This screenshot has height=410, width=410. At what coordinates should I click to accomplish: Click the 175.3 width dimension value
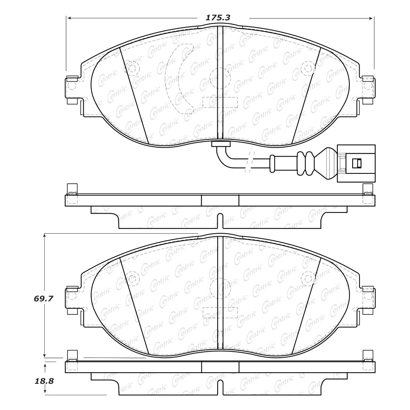click(x=218, y=18)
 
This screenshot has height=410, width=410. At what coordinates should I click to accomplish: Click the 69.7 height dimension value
click(x=43, y=298)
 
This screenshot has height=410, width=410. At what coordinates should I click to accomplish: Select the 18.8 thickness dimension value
click(x=44, y=381)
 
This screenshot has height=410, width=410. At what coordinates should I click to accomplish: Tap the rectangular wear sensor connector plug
click(x=356, y=164)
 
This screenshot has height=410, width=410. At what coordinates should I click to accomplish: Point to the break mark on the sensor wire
click(x=249, y=162)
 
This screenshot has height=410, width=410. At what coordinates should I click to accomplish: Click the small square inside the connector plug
click(x=357, y=164)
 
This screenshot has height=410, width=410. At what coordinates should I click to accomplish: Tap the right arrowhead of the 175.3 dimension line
click(x=370, y=18)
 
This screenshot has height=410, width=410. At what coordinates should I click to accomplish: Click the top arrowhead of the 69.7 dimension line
click(x=45, y=236)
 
